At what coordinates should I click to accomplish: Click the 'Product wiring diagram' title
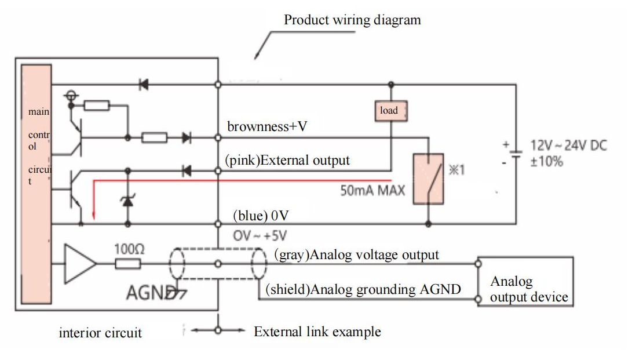(352, 20)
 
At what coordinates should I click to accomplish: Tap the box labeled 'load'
(389, 110)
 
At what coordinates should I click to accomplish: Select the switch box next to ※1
(428, 179)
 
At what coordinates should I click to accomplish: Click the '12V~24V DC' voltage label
(568, 146)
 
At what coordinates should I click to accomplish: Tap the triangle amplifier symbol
(80, 264)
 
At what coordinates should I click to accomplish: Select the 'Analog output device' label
(528, 289)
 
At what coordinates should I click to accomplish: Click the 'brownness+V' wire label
(266, 126)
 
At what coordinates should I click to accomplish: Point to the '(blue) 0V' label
(261, 216)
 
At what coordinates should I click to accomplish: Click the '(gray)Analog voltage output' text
(356, 254)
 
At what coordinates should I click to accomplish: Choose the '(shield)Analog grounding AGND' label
(363, 289)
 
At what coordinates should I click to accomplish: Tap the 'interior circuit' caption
(100, 333)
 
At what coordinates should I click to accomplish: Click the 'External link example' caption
(317, 332)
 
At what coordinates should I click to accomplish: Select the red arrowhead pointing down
(93, 218)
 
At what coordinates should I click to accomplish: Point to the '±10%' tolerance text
(547, 161)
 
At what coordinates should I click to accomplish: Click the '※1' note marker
(456, 171)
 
